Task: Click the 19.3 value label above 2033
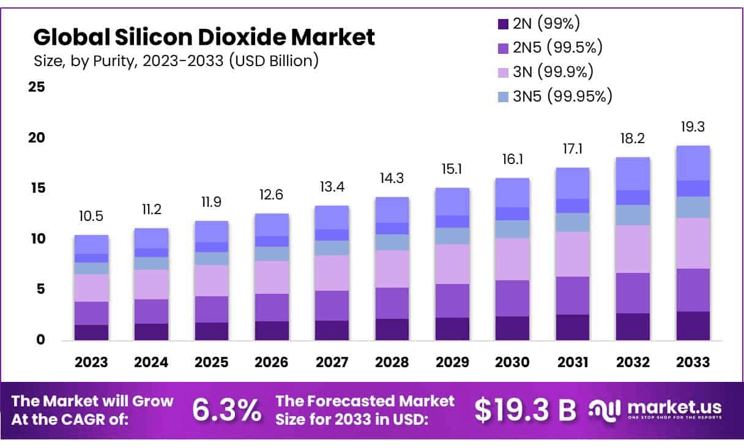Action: point(693,127)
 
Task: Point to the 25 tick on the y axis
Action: point(37,87)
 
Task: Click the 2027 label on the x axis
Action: point(331,362)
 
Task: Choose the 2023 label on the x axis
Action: point(91,362)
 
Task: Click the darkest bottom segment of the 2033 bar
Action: point(693,326)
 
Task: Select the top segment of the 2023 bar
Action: point(91,244)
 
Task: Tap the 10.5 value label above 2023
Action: point(91,217)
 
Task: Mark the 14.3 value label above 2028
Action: point(392,179)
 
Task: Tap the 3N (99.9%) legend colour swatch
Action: point(503,72)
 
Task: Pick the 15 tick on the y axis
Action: point(37,188)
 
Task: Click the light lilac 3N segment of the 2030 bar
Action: point(511,259)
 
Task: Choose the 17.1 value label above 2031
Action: point(572,149)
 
